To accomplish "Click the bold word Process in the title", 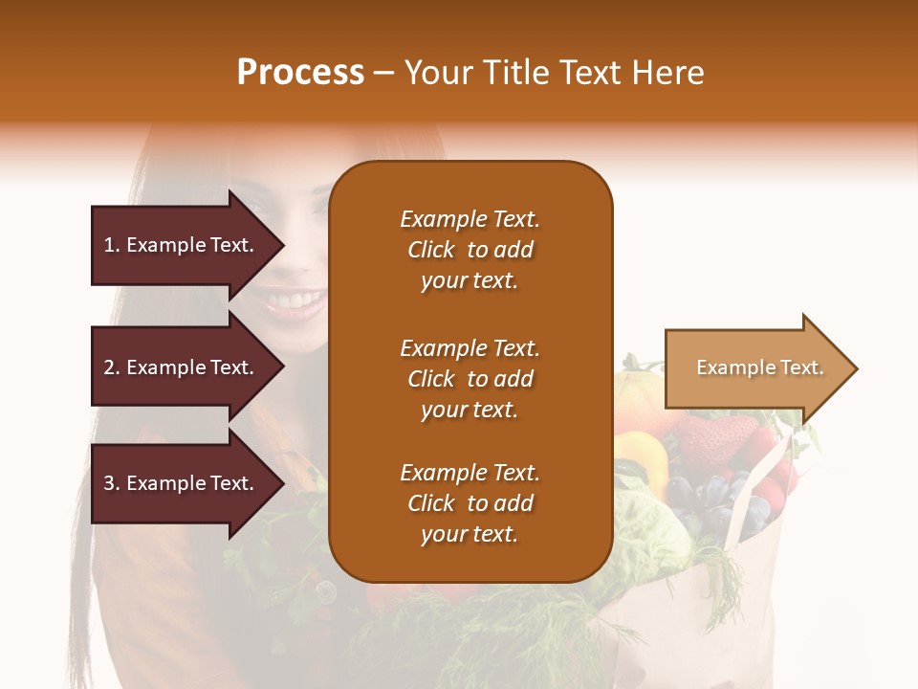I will coord(300,73).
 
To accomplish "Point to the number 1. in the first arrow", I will coord(112,245).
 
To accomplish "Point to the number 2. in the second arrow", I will coord(112,367).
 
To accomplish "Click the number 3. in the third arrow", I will coord(112,483).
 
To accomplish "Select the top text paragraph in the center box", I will coord(470,250).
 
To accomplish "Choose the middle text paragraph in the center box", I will coord(470,379).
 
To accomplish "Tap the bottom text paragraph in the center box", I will coord(470,503).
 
